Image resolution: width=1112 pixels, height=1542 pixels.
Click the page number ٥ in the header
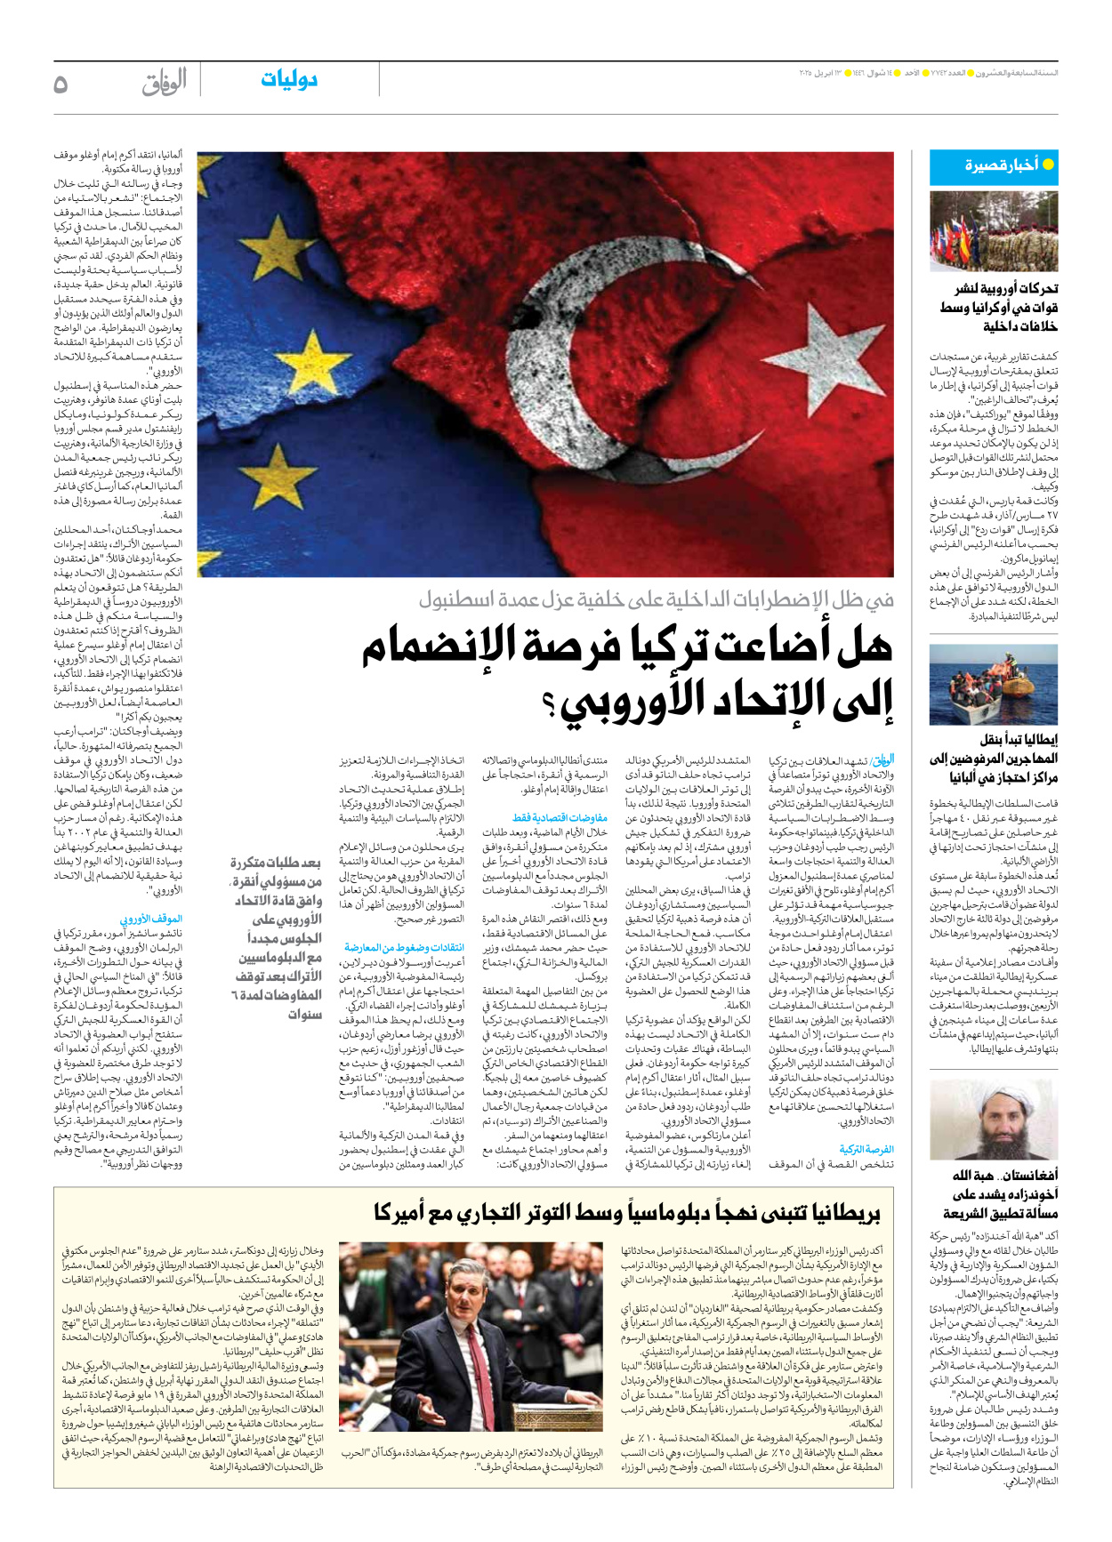(x=60, y=84)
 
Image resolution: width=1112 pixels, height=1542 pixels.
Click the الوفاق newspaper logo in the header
(x=165, y=82)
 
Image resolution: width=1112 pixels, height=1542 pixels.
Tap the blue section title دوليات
(x=289, y=79)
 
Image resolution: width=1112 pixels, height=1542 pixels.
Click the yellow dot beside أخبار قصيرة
(x=1048, y=165)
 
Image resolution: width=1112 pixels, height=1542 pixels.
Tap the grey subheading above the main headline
(x=656, y=599)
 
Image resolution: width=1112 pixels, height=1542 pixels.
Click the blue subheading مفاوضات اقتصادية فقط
(x=560, y=817)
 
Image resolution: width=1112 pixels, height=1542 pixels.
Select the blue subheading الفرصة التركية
(x=866, y=1150)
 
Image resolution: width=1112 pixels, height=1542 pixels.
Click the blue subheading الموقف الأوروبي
(x=151, y=919)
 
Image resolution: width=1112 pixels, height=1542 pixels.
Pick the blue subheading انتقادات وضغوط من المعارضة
(x=404, y=948)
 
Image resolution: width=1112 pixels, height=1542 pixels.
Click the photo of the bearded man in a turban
(x=994, y=1119)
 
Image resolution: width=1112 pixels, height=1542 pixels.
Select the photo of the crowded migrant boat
(x=994, y=685)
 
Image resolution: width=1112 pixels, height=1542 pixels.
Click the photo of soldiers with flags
(x=994, y=231)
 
